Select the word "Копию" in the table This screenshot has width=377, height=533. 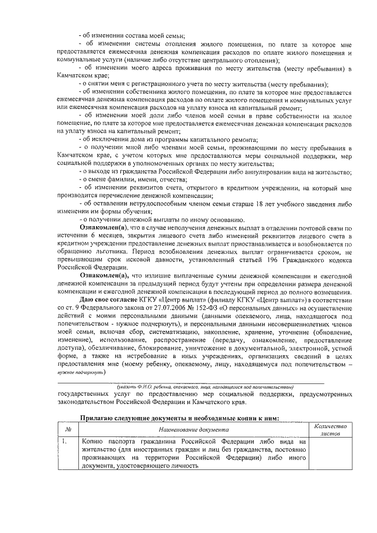pos(93,441)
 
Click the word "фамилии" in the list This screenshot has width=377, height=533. pos(128,179)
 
